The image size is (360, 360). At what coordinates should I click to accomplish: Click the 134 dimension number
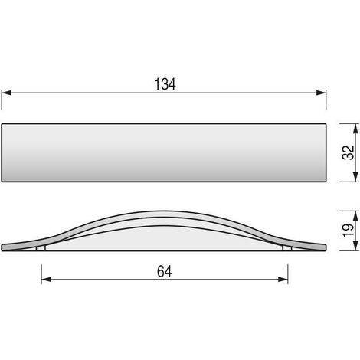(x=165, y=84)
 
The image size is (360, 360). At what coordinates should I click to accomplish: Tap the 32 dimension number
(x=348, y=152)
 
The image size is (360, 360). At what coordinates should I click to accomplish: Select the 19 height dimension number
(x=348, y=231)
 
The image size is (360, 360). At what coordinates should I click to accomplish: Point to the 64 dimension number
(x=165, y=271)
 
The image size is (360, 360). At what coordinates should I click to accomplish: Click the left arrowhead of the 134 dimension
(x=6, y=93)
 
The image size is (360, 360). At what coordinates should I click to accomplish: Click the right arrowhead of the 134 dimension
(x=321, y=93)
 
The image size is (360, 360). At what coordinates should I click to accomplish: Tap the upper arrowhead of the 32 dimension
(x=355, y=129)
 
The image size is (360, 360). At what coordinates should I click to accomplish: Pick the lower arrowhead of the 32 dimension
(x=355, y=177)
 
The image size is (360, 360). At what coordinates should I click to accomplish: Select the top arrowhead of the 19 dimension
(x=355, y=216)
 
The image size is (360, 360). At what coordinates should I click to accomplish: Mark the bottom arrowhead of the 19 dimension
(x=355, y=246)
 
